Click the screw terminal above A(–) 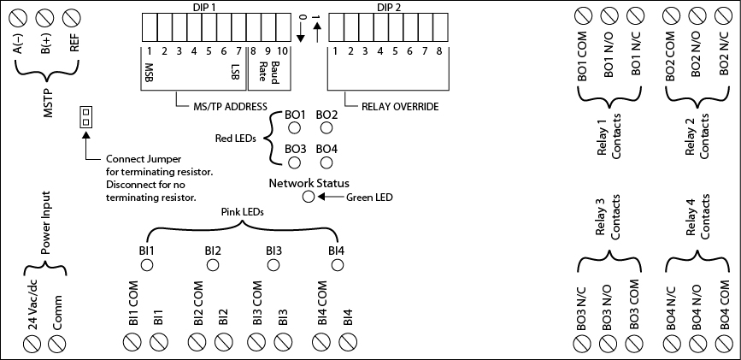(x=18, y=15)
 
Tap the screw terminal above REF (x=73, y=15)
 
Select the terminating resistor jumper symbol (x=85, y=117)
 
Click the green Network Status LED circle (x=309, y=198)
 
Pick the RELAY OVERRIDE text (x=400, y=108)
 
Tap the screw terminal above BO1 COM (x=582, y=15)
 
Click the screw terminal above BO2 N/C (x=723, y=15)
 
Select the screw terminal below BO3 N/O (x=608, y=343)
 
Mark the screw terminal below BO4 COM (x=723, y=343)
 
